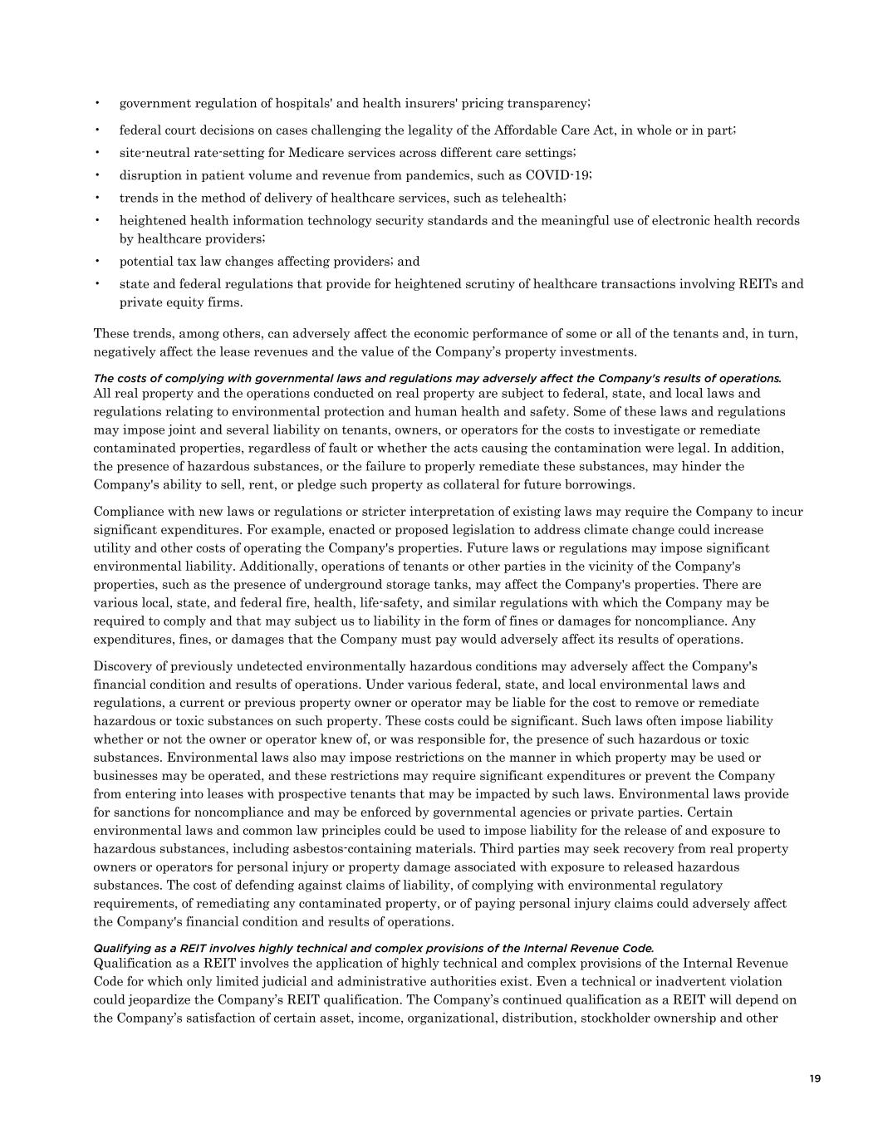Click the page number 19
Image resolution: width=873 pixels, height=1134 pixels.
point(814,1078)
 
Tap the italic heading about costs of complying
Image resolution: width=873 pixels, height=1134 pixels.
point(437,379)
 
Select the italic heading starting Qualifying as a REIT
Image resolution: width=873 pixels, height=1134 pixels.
point(374,948)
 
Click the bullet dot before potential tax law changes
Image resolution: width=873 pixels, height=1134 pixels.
point(98,261)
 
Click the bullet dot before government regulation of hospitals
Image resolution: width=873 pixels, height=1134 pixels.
point(98,103)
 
